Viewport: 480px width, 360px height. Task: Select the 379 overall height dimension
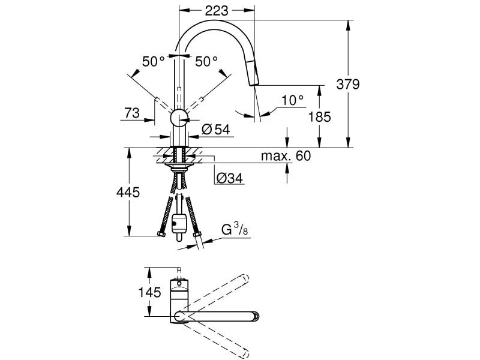click(x=347, y=84)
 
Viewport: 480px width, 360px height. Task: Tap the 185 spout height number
click(x=319, y=116)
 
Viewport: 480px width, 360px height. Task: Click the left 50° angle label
click(x=153, y=61)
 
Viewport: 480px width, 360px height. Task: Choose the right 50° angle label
click(x=206, y=61)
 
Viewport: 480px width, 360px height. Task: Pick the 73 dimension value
click(x=133, y=112)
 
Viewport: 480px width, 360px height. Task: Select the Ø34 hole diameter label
click(x=228, y=178)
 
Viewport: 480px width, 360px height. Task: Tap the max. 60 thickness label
click(x=286, y=156)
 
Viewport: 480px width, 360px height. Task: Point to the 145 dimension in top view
click(x=150, y=292)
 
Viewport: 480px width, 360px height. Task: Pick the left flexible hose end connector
click(x=160, y=233)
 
